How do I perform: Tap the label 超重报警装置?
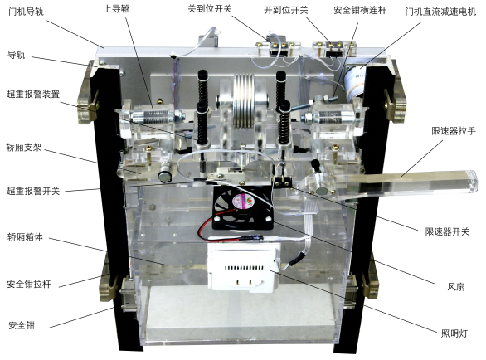click(x=32, y=94)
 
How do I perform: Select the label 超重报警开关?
click(x=32, y=190)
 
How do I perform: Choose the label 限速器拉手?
click(x=452, y=131)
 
